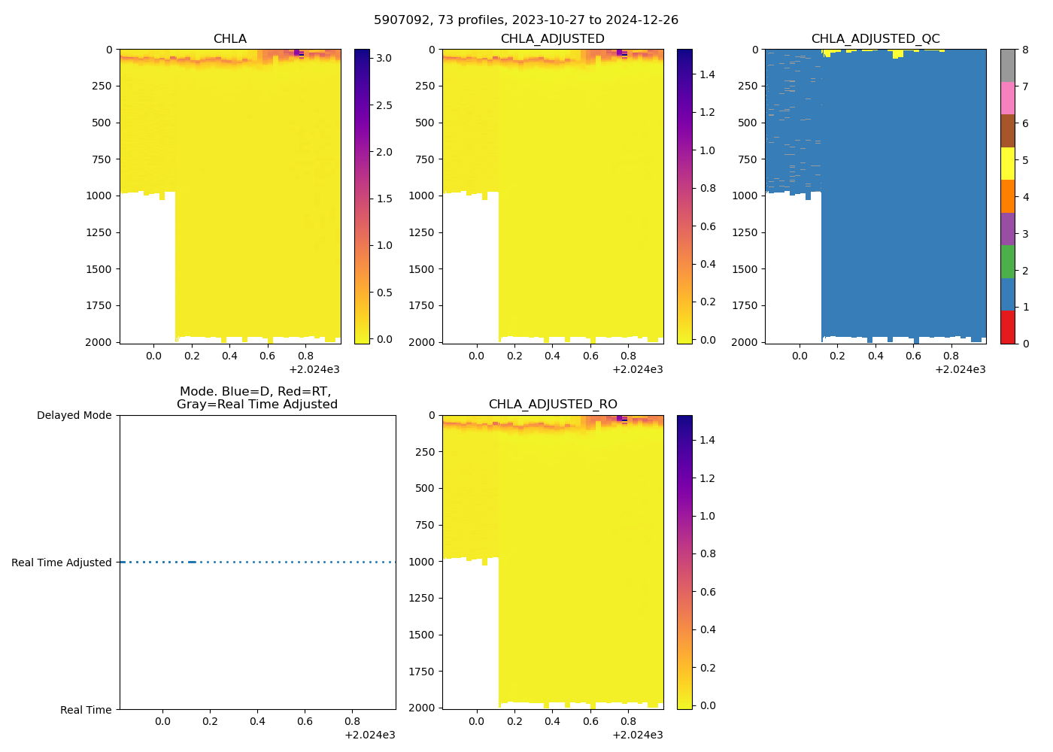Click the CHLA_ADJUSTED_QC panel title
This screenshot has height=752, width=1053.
pyautogui.click(x=875, y=38)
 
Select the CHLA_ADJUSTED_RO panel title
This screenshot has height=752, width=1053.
pyautogui.click(x=553, y=404)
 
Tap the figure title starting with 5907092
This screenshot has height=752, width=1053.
pyautogui.click(x=526, y=20)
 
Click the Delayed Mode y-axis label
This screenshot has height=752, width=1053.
pyautogui.click(x=74, y=415)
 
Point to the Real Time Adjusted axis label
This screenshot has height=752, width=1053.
pyautogui.click(x=62, y=562)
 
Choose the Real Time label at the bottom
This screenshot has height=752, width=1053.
pyautogui.click(x=86, y=710)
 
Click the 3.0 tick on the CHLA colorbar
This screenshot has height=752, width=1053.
pyautogui.click(x=384, y=58)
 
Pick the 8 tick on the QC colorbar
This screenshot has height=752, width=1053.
pyautogui.click(x=1024, y=50)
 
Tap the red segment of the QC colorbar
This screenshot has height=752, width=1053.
pyautogui.click(x=1007, y=327)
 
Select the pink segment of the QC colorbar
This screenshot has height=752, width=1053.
pyautogui.click(x=1007, y=98)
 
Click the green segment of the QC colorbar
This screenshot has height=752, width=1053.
pyautogui.click(x=1007, y=262)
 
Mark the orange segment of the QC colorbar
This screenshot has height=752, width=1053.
pyautogui.click(x=1007, y=196)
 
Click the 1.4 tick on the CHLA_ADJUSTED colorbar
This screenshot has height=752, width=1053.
pyautogui.click(x=707, y=74)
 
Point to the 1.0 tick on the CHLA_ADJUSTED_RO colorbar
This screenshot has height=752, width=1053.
pyautogui.click(x=707, y=516)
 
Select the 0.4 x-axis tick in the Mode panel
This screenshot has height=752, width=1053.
pyautogui.click(x=257, y=722)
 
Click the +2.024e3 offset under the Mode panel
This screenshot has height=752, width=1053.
pyautogui.click(x=369, y=735)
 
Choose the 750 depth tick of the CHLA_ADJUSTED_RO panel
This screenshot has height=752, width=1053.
pyautogui.click(x=425, y=525)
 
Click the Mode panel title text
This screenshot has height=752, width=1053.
pyautogui.click(x=256, y=398)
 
